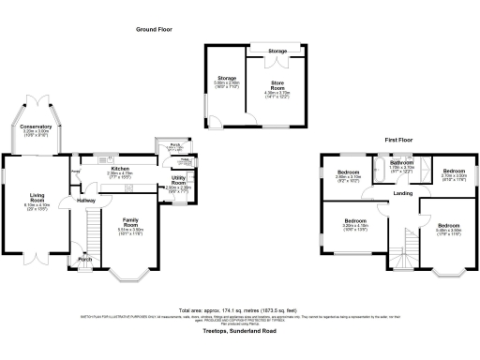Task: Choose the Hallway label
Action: coord(86,200)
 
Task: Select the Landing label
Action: coord(402,193)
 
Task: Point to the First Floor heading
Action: coord(398,138)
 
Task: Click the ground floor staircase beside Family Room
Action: coord(91,230)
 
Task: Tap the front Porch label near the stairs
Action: coord(85,261)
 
